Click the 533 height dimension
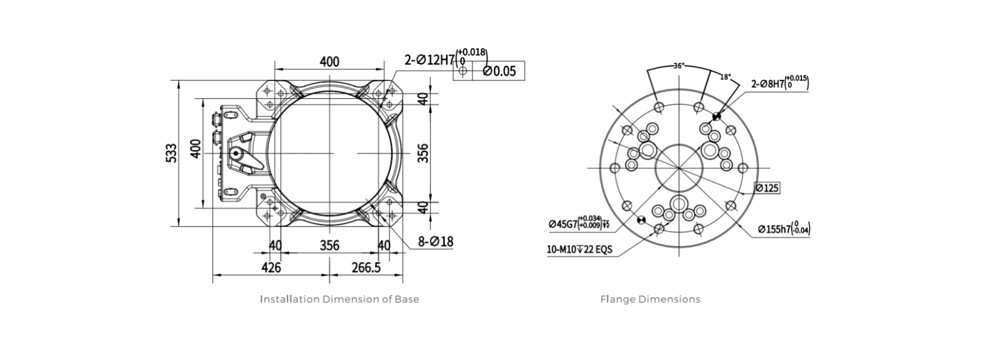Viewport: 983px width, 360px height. point(172,153)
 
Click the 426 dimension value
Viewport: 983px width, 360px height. point(271,267)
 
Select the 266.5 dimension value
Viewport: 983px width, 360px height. point(366,267)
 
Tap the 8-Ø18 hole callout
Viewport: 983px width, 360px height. point(435,242)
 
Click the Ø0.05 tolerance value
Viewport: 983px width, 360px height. point(499,71)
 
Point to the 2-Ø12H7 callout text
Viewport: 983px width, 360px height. point(429,60)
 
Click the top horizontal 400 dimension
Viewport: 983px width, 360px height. point(330,61)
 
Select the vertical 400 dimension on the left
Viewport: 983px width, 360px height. point(195,148)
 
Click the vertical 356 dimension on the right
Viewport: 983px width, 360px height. point(423,153)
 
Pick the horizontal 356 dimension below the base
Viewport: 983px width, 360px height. point(330,245)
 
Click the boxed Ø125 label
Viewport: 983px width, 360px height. point(767,188)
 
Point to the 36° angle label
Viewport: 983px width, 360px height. point(679,66)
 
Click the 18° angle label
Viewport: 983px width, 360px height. point(725,77)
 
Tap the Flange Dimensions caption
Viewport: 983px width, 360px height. point(650,299)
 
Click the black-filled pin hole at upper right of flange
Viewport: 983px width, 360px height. point(716,117)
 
